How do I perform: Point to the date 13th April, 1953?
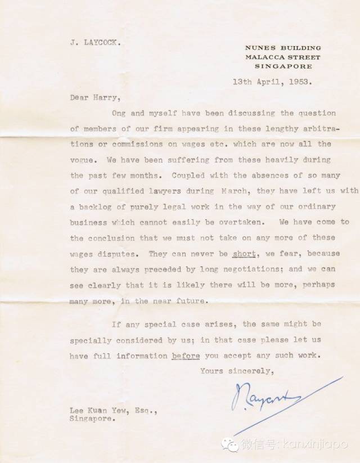pos(273,80)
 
